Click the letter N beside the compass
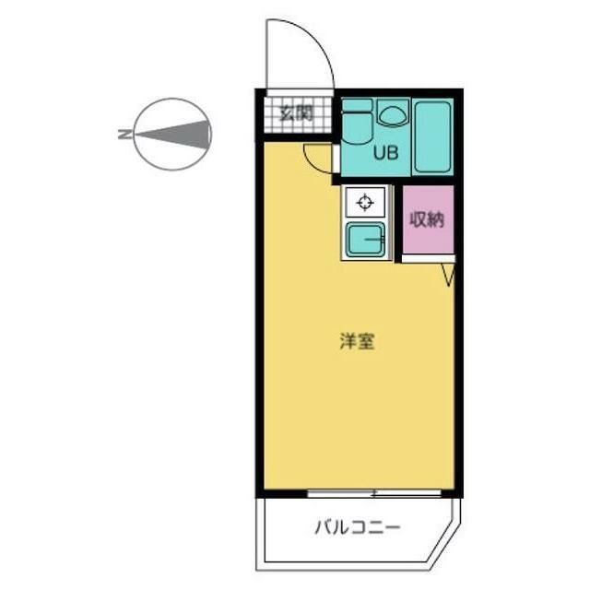pos(124,135)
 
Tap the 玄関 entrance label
pos(295,114)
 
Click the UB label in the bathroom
pos(384,153)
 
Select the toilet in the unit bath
pos(356,124)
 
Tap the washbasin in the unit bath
pos(392,114)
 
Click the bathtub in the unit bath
pos(431,136)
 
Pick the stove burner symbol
pos(366,202)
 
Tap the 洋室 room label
pos(357,342)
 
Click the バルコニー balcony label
pos(356,528)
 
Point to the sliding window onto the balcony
pos(377,493)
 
